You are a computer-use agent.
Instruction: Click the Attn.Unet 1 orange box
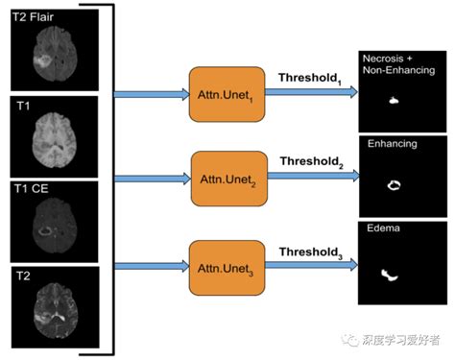[224, 93]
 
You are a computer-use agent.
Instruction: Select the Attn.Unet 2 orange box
[227, 178]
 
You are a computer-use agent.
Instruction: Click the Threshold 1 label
[311, 77]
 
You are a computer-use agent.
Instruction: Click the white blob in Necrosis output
[394, 99]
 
